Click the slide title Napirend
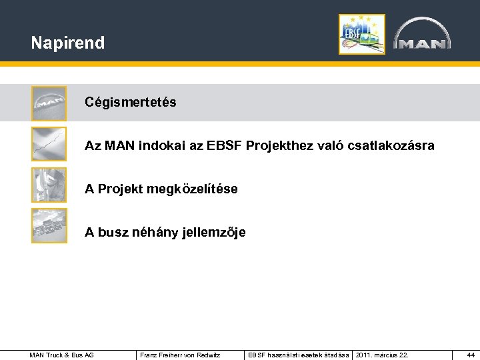[67, 43]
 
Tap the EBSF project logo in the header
[361, 34]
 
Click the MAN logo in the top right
[421, 34]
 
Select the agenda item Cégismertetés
[130, 103]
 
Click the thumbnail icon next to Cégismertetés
[49, 103]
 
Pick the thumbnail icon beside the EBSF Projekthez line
[49, 144]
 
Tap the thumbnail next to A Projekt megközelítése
[49, 185]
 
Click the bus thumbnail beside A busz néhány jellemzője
[49, 226]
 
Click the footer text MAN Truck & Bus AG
[61, 355]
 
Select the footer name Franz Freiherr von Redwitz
[180, 355]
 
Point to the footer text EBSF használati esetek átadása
[298, 355]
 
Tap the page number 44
[470, 355]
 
